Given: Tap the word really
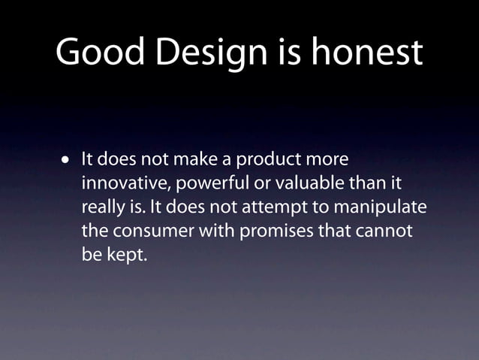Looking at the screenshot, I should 103,207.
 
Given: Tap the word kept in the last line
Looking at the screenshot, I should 128,254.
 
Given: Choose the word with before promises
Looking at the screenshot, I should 215,231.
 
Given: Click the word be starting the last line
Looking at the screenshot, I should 91,254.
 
